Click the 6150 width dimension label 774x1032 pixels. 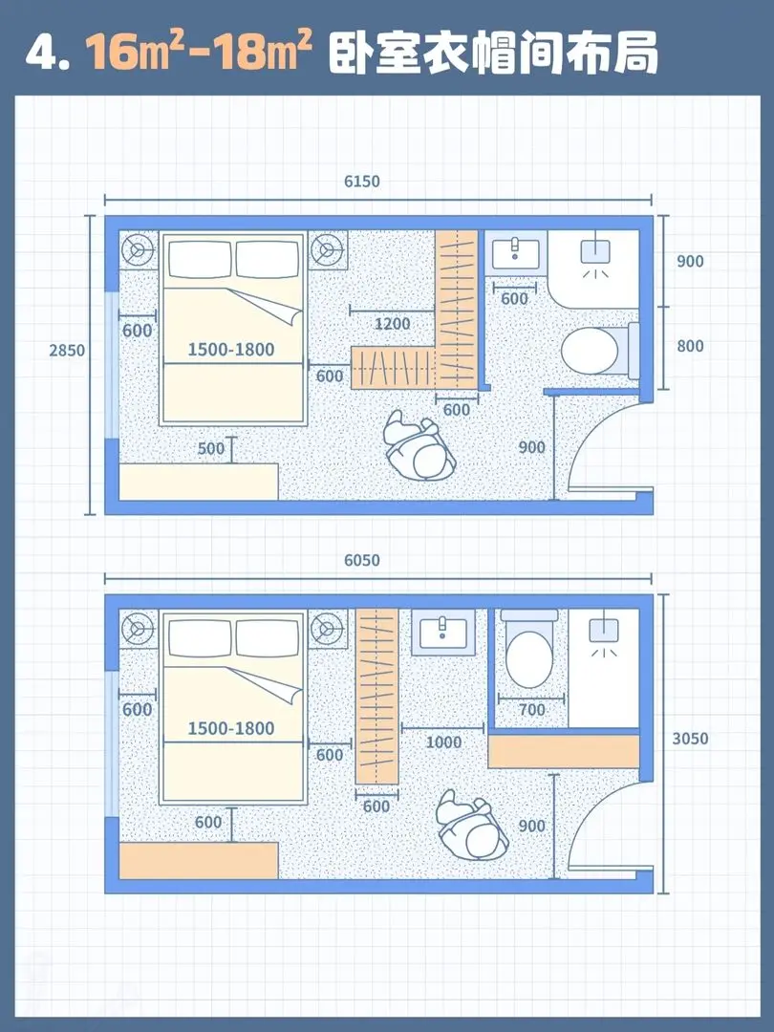(362, 181)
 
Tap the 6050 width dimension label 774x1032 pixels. (362, 560)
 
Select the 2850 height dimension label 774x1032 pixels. (67, 350)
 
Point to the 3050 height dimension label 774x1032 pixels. (691, 739)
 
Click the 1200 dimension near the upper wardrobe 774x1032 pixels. (393, 324)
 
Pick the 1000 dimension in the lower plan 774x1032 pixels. (443, 742)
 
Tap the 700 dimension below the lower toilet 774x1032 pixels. (532, 709)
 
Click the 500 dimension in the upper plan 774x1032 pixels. (211, 448)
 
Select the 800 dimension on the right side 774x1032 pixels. (691, 346)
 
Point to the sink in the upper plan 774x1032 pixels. (516, 252)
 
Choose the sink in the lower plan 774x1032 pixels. (443, 632)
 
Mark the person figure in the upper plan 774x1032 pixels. (419, 447)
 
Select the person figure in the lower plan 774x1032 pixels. (473, 827)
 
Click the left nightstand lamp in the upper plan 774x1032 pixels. (139, 250)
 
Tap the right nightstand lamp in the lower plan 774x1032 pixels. (326, 629)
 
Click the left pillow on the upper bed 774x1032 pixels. (200, 259)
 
